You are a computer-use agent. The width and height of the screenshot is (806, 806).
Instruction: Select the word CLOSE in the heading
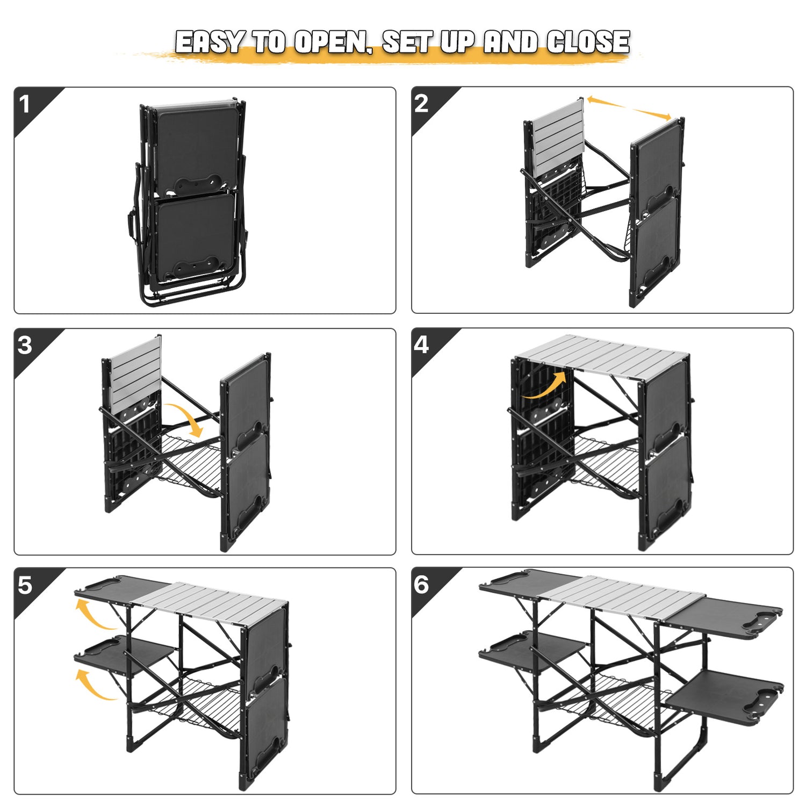point(588,42)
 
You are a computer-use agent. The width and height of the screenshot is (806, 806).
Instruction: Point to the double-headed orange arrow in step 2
point(629,108)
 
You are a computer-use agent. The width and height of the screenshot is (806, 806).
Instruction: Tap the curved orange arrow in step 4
point(545,386)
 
